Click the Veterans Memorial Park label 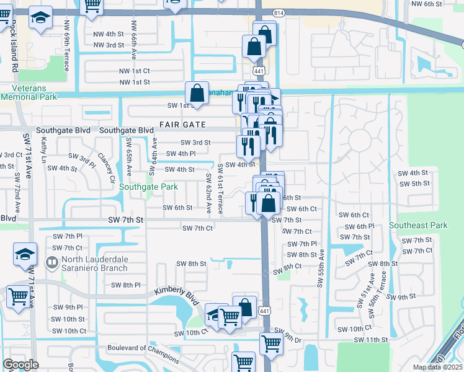pyautogui.click(x=29, y=92)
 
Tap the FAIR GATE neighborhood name pyautogui.click(x=182, y=125)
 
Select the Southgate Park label pyautogui.click(x=148, y=187)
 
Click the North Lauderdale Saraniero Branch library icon pyautogui.click(x=52, y=263)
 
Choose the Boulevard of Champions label pyautogui.click(x=143, y=348)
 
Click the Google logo pyautogui.click(x=20, y=365)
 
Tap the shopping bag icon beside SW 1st pyautogui.click(x=197, y=94)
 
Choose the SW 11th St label pyautogui.click(x=370, y=340)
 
